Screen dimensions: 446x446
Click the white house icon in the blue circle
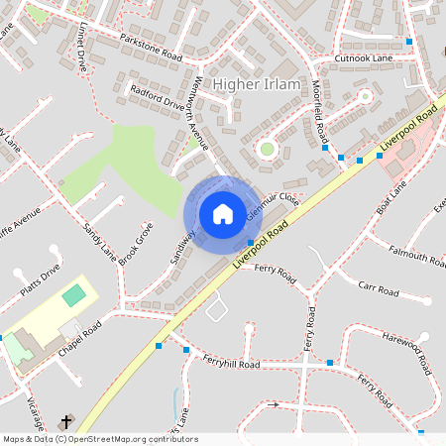222,214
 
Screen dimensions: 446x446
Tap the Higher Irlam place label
255,85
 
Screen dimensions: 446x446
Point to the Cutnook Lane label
364,58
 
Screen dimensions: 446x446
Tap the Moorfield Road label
319,110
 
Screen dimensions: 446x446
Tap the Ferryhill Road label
231,364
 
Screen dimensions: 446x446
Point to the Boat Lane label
391,198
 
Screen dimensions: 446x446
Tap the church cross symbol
67,421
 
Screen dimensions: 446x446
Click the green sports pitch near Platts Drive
73,295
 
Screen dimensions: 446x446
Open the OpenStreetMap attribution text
99,439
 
